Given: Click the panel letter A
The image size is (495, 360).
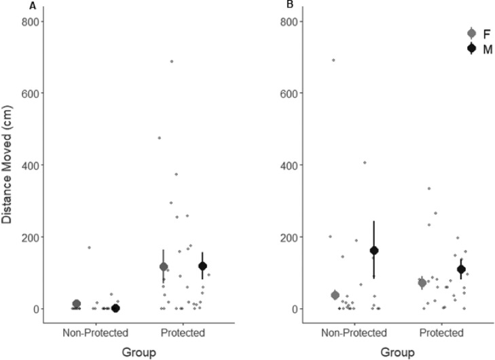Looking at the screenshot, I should (33, 6).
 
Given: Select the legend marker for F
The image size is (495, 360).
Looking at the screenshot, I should (472, 33).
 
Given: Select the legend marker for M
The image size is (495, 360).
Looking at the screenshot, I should (472, 48).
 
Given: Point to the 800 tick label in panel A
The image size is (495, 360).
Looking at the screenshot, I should (31, 22).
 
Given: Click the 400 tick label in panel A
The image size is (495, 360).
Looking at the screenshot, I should (31, 165).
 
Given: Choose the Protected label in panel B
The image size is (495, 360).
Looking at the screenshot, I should (441, 333).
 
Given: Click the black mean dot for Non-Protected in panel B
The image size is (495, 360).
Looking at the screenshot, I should (373, 251).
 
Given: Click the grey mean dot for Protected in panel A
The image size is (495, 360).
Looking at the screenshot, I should (164, 267).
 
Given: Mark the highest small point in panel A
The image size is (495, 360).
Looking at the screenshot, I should (172, 61).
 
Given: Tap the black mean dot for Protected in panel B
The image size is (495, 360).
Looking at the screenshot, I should (461, 270).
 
